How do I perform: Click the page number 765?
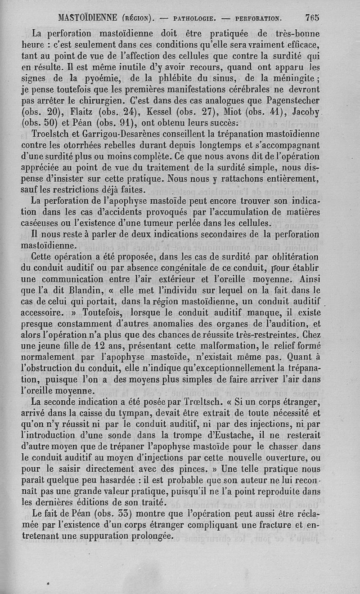pos(311,18)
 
